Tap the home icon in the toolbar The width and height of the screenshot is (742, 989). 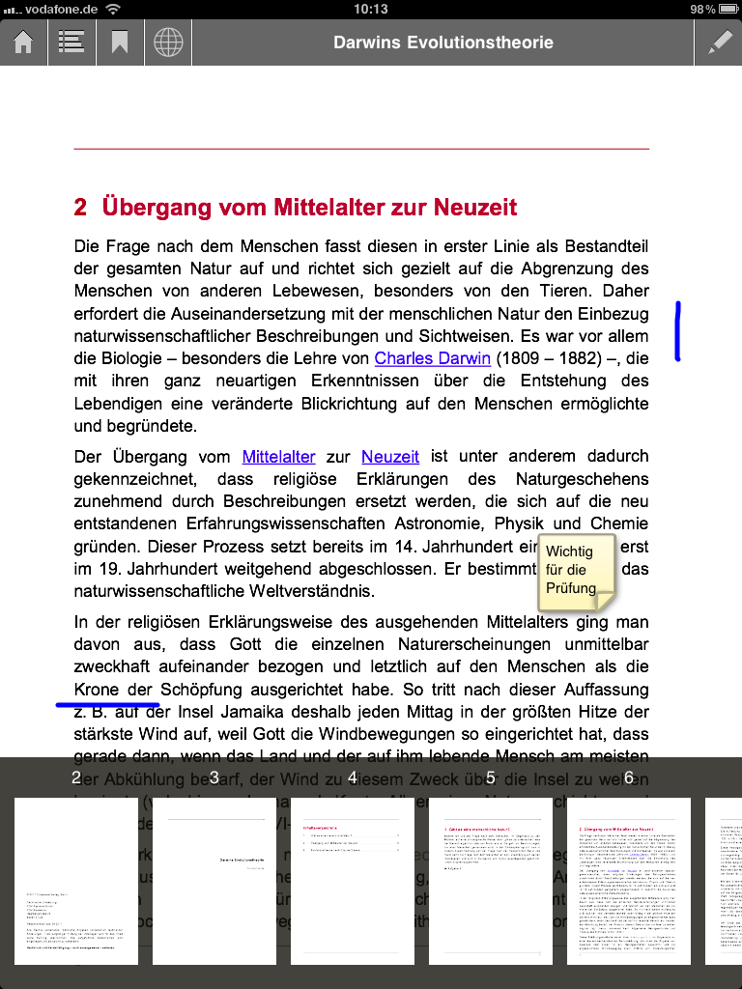point(23,43)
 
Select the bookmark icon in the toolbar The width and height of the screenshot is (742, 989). point(120,43)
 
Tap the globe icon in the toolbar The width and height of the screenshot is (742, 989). point(168,43)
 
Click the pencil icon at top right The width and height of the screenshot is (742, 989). point(720,43)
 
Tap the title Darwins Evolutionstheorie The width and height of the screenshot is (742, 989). point(443,42)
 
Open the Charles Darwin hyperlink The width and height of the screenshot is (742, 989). point(432,358)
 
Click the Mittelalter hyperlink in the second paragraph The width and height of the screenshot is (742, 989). point(278,457)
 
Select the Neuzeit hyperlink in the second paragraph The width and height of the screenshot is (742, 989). point(390,457)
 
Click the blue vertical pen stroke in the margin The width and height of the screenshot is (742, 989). point(678,331)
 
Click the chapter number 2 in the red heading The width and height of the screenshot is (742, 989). point(80,207)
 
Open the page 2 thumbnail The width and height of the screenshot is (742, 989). point(76,880)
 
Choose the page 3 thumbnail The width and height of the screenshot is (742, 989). point(214,880)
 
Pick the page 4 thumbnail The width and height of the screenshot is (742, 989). point(353,880)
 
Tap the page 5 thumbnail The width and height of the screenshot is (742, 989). point(491,880)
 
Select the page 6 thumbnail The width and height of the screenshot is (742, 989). point(629,880)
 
